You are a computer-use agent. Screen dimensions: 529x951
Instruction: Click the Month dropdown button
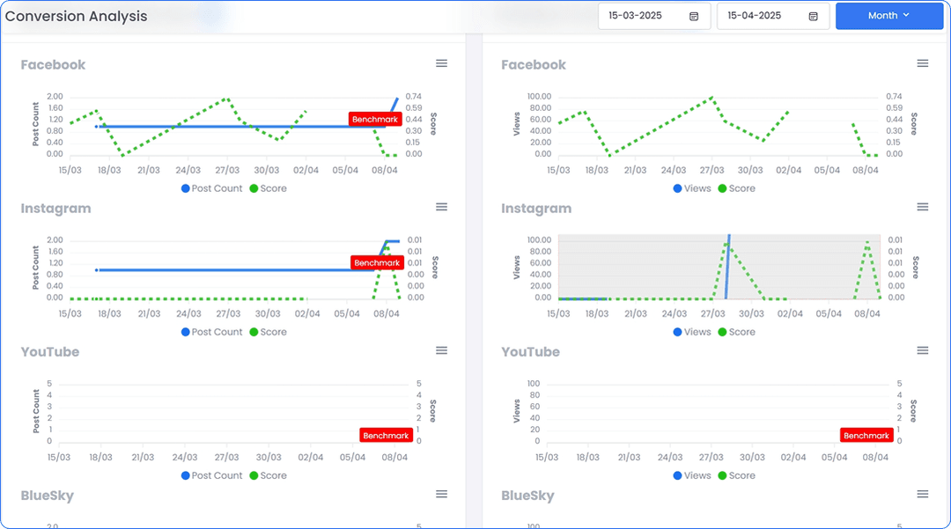[x=888, y=16]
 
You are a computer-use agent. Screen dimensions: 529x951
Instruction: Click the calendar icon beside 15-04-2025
[x=813, y=16]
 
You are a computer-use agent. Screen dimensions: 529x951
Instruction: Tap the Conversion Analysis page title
[x=77, y=16]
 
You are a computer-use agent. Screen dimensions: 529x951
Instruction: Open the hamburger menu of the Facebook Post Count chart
[x=442, y=63]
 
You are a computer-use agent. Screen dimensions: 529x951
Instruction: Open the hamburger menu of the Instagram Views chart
[x=923, y=207]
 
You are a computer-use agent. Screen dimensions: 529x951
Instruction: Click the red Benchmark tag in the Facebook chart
[x=375, y=119]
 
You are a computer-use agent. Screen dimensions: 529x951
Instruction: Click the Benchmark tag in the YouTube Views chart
[x=866, y=436]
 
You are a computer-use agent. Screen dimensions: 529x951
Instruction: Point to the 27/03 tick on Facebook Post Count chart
[x=227, y=170]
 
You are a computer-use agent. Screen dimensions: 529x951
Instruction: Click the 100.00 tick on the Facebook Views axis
[x=538, y=96]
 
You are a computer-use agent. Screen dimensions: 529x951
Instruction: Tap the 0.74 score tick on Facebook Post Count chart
[x=414, y=96]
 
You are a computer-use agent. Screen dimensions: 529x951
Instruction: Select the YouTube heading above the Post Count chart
[x=50, y=352]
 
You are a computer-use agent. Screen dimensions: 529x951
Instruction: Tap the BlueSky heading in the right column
[x=528, y=496]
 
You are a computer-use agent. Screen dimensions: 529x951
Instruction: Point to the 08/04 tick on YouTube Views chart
[x=875, y=457]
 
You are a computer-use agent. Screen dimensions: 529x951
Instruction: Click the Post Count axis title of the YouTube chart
[x=36, y=411]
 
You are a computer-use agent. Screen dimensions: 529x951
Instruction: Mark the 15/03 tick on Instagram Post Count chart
[x=70, y=313]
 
